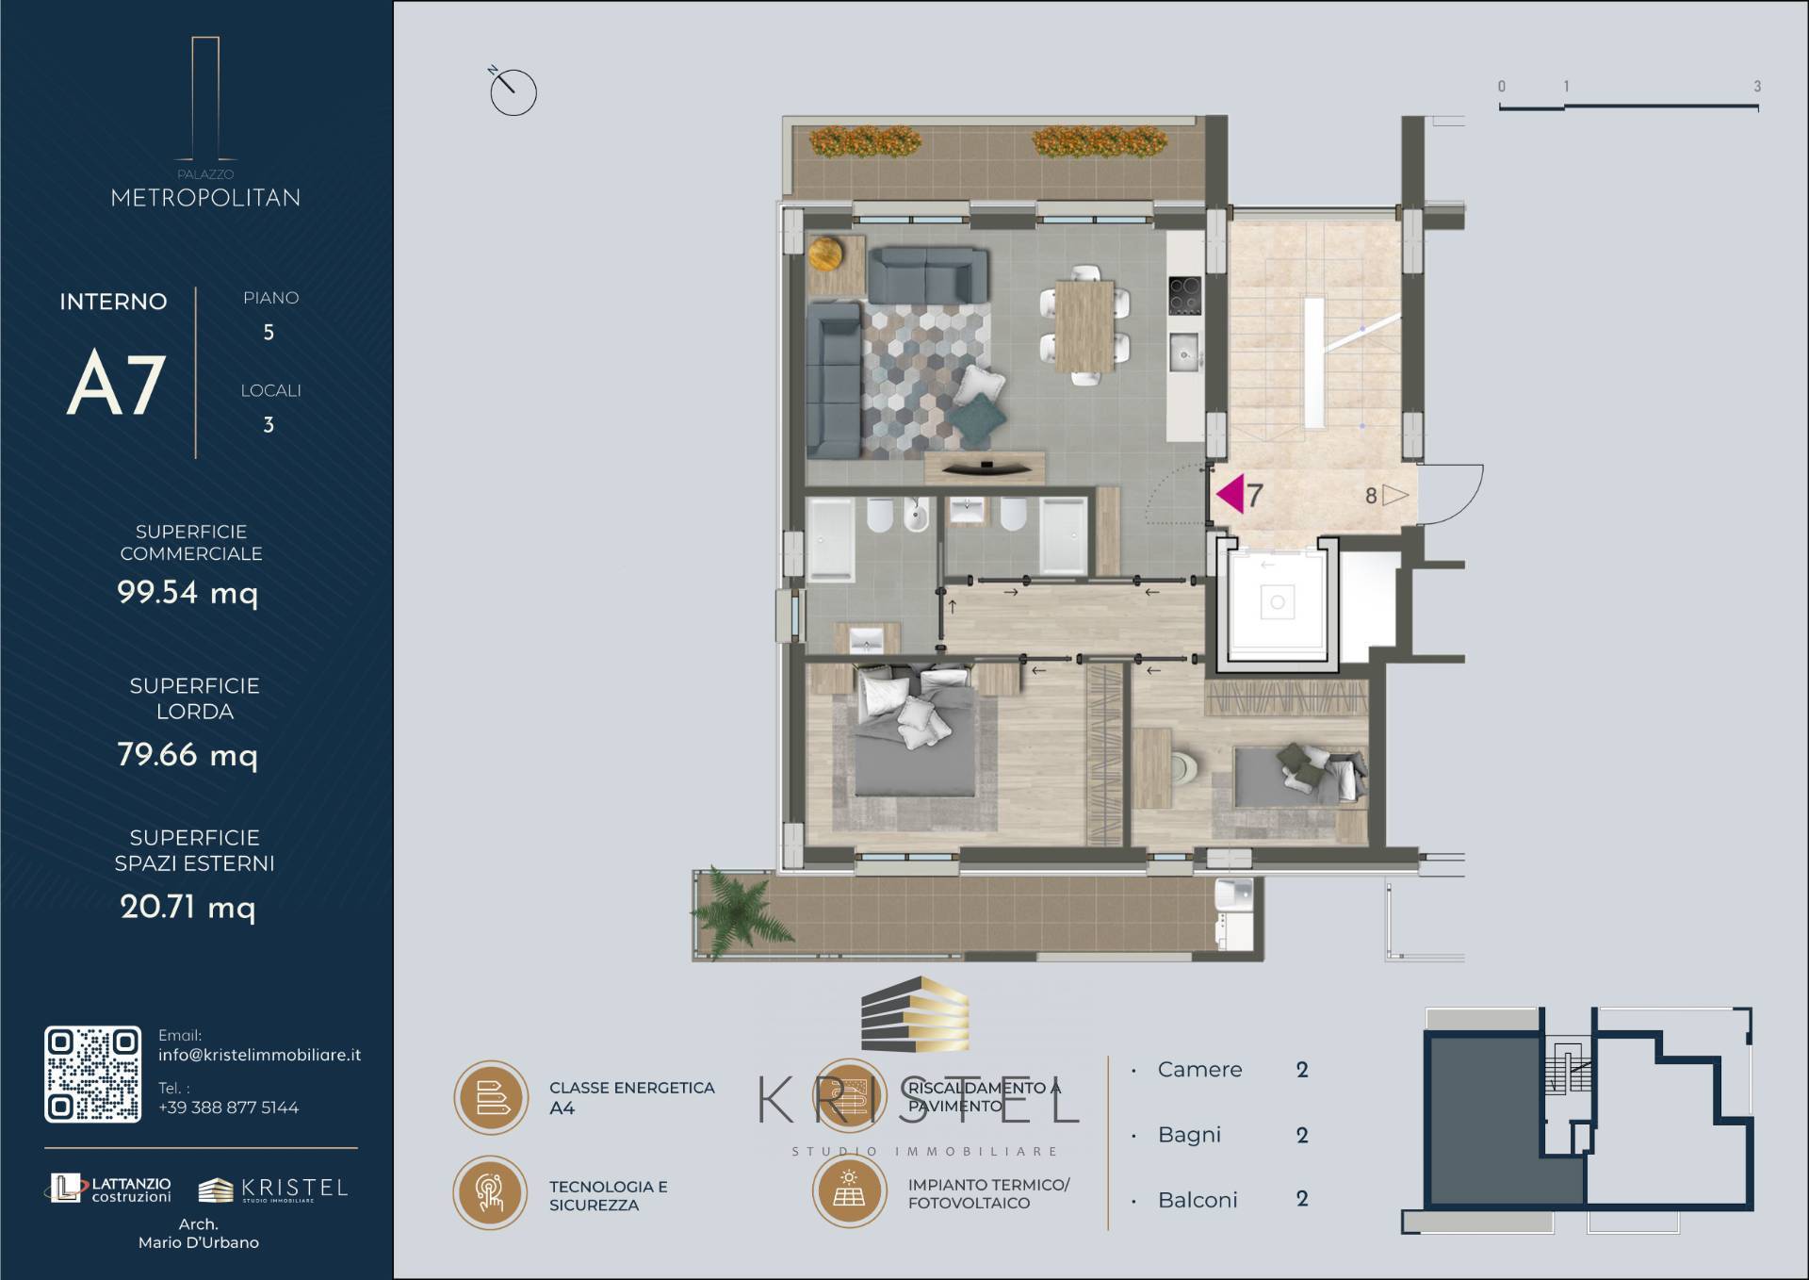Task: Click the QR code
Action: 93,1075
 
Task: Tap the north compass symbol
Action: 513,91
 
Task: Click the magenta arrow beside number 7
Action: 1230,494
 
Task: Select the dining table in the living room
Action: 1084,326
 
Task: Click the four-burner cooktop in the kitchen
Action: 1184,295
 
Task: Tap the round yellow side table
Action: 826,253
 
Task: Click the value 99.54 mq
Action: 187,593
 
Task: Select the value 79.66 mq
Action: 187,755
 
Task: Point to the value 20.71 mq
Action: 187,908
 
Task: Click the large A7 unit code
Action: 117,384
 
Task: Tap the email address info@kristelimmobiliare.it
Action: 259,1056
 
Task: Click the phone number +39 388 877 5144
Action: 228,1108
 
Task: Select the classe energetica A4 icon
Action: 491,1097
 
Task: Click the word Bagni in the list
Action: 1189,1135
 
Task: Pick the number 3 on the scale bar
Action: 1757,86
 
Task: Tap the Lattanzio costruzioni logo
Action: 110,1189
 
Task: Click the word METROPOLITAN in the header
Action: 205,198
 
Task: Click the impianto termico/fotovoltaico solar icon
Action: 849,1191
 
